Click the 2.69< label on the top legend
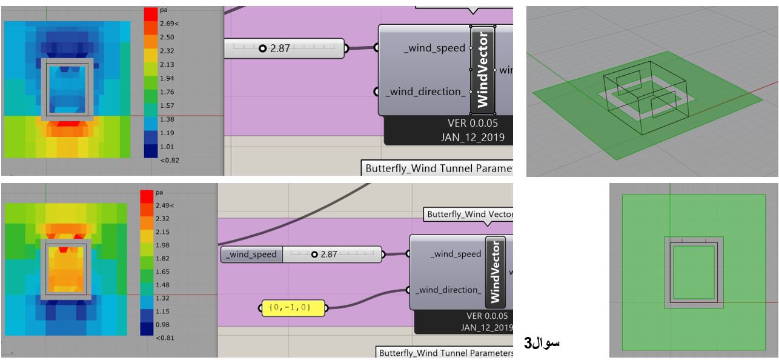170,24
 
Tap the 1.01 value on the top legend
167,147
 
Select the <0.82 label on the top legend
170,161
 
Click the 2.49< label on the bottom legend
165,205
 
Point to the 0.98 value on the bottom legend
162,324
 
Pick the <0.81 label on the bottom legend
165,338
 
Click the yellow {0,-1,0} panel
293,308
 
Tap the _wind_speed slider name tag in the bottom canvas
252,255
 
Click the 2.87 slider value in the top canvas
280,48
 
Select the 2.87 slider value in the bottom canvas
329,255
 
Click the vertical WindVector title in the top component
483,70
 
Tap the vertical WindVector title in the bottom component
496,272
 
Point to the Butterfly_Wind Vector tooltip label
469,214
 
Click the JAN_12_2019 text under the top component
472,138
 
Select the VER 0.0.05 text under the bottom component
487,316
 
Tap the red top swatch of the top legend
151,15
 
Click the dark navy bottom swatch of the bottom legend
147,328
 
